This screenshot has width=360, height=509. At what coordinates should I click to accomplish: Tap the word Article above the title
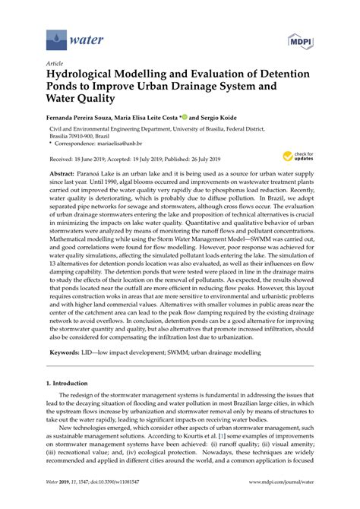54,65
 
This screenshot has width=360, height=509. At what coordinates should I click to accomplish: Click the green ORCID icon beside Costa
183,118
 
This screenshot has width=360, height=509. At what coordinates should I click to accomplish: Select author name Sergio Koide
226,119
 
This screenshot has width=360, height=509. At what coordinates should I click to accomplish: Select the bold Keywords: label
65,373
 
